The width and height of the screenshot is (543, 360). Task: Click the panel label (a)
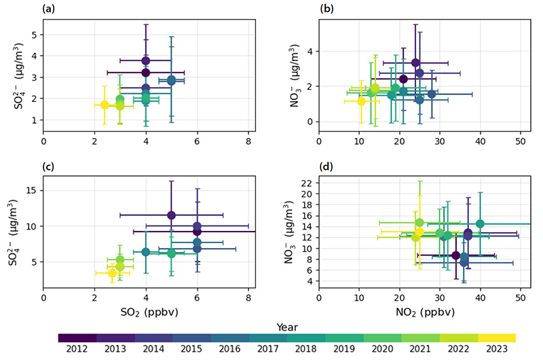[48, 9]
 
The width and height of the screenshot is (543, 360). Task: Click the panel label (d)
[326, 166]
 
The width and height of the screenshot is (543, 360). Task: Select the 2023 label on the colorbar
[497, 348]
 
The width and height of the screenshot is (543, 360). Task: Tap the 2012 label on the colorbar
[77, 348]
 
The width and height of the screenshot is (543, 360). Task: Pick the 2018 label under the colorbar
[306, 348]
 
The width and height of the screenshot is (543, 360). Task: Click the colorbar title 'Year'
[287, 327]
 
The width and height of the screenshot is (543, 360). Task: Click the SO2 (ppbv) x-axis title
[149, 312]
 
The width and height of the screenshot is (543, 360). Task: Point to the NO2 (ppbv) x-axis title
[425, 312]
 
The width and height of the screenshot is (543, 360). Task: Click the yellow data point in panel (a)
[105, 105]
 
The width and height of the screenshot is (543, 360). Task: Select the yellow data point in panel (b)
[361, 101]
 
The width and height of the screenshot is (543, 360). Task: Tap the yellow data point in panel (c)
[112, 273]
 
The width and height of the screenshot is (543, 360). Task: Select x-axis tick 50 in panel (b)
[521, 141]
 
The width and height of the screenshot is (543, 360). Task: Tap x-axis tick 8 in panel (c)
[248, 298]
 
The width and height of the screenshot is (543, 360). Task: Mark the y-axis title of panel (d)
[291, 232]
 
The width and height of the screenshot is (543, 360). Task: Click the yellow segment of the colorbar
[497, 338]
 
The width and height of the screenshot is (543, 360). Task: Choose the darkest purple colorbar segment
[77, 338]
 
